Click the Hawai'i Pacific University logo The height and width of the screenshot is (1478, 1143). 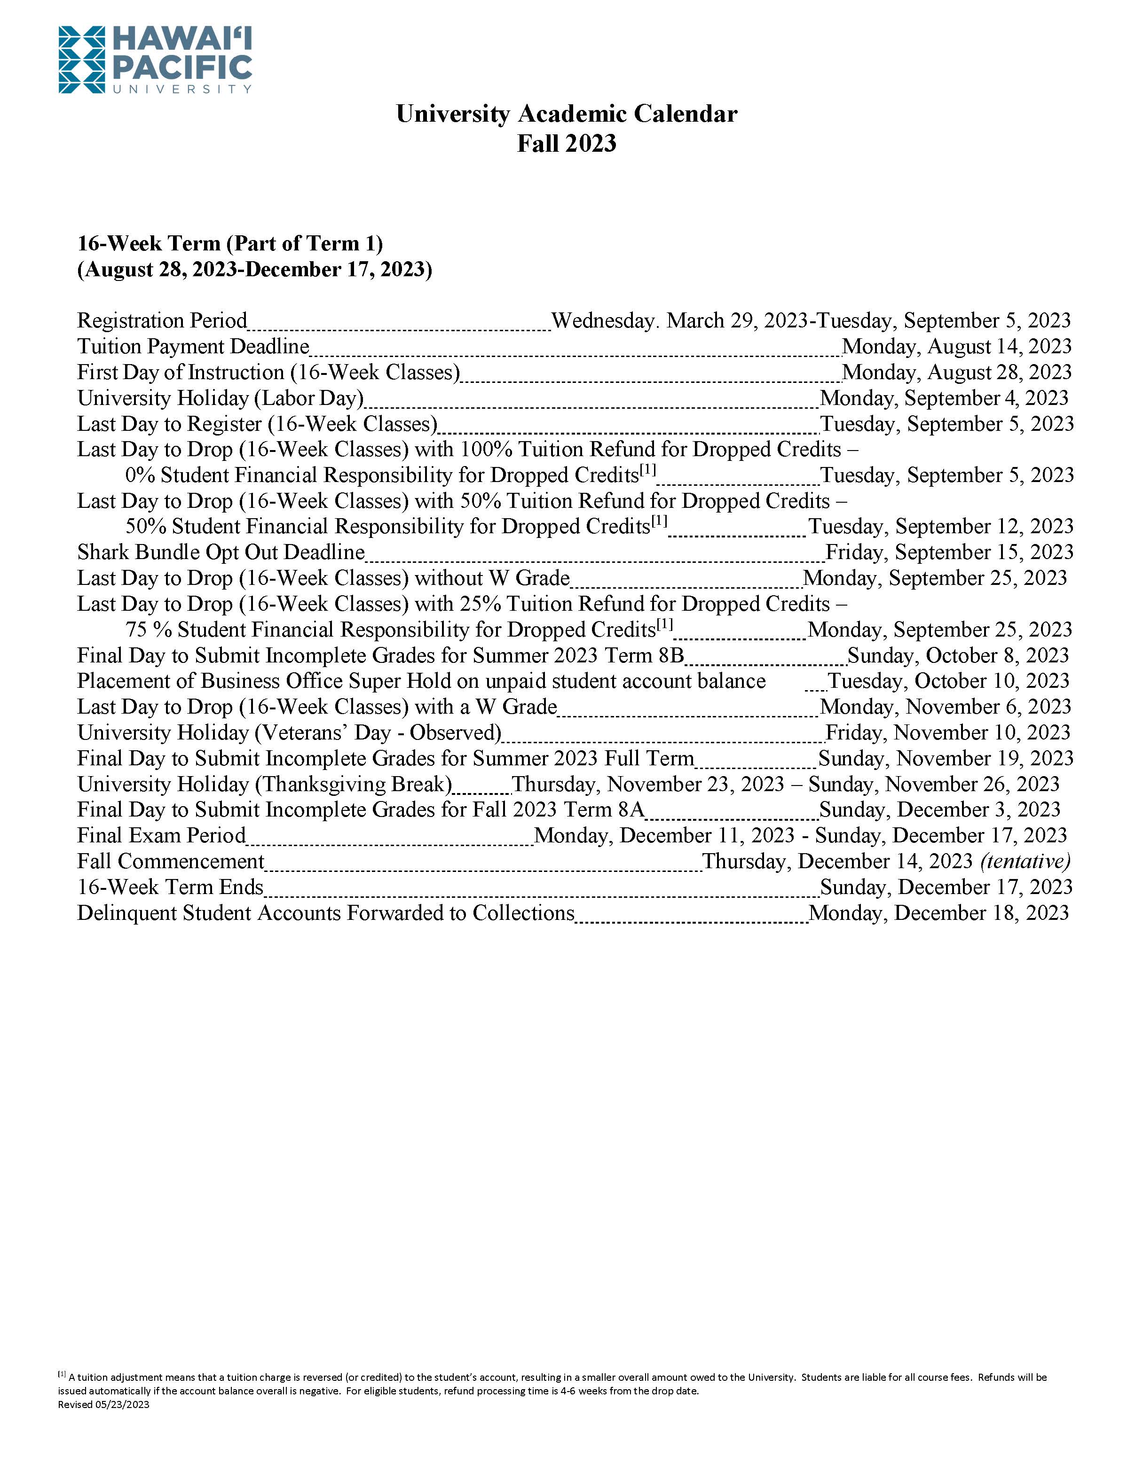155,60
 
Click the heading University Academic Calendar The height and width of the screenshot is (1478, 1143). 566,114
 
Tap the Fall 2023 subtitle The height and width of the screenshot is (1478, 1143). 566,143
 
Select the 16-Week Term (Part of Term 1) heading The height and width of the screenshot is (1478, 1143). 230,244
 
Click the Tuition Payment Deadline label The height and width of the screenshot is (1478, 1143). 193,347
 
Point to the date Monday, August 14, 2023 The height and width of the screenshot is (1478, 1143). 957,347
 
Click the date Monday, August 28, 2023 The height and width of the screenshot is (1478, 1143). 957,372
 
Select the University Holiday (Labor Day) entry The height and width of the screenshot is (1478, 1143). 220,398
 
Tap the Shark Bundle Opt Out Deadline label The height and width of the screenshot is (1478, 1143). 221,552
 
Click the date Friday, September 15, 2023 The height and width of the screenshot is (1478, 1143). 949,552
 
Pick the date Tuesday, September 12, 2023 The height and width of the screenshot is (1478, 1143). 940,527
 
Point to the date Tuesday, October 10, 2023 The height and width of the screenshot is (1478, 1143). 949,681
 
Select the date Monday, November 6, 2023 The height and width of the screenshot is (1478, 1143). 945,707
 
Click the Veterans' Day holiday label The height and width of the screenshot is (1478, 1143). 289,732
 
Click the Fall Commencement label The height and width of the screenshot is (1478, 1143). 171,861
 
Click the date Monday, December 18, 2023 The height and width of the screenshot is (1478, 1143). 938,913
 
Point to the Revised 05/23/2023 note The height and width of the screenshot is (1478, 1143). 103,1404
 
